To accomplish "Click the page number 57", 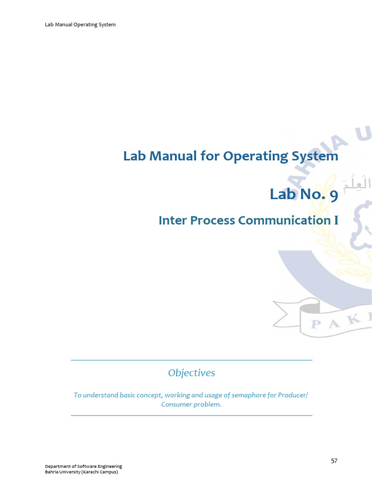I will (334, 461).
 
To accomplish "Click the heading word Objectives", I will (191, 373).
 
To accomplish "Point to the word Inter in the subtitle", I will (172, 220).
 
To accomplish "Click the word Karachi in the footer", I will (90, 472).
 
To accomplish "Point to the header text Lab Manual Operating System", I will (80, 24).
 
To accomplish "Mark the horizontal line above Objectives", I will (191, 360).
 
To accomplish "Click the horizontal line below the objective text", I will (191, 416).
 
